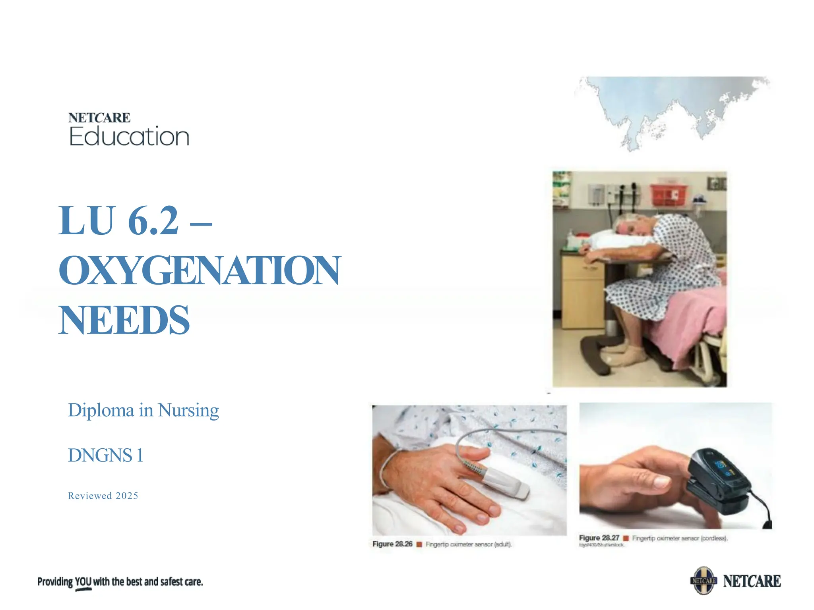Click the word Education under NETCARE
(129, 137)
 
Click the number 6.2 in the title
(153, 221)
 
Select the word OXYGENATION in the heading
(200, 271)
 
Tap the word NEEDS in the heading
(124, 320)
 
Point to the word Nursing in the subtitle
(188, 410)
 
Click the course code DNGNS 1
(105, 456)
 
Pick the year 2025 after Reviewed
(127, 496)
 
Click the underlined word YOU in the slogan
(83, 582)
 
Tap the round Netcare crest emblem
(704, 581)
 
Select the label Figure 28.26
(392, 544)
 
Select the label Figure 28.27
(599, 538)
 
